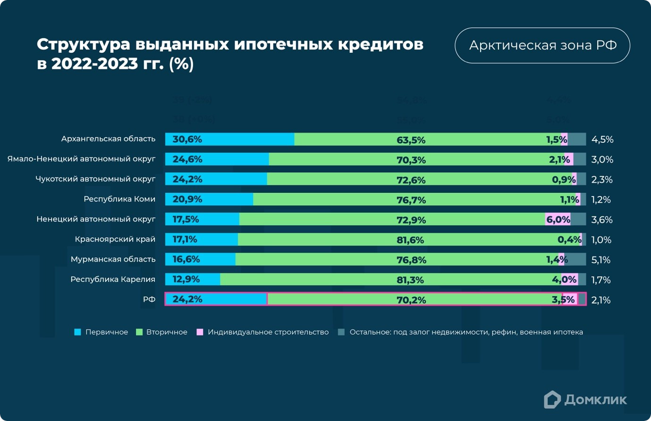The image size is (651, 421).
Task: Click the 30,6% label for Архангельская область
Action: tap(187, 139)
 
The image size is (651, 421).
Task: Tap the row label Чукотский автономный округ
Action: tap(95, 179)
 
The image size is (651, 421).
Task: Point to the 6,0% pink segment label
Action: tap(558, 220)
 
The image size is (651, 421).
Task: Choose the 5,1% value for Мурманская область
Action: tap(600, 260)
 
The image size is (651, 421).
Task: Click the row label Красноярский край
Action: tap(115, 239)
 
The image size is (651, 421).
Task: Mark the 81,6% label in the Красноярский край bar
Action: tap(410, 240)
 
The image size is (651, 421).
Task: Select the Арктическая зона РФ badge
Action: tap(542, 45)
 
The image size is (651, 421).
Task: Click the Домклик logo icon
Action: tap(552, 400)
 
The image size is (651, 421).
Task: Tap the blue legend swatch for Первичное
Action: tap(78, 332)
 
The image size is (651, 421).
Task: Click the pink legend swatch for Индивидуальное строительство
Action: tap(200, 332)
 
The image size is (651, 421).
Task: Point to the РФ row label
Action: tap(149, 299)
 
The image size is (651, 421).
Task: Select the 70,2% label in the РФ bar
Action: tap(411, 300)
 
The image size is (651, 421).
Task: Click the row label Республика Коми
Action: tap(119, 199)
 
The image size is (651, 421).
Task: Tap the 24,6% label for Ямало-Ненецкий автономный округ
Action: tap(187, 159)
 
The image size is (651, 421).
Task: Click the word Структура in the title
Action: tap(83, 45)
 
